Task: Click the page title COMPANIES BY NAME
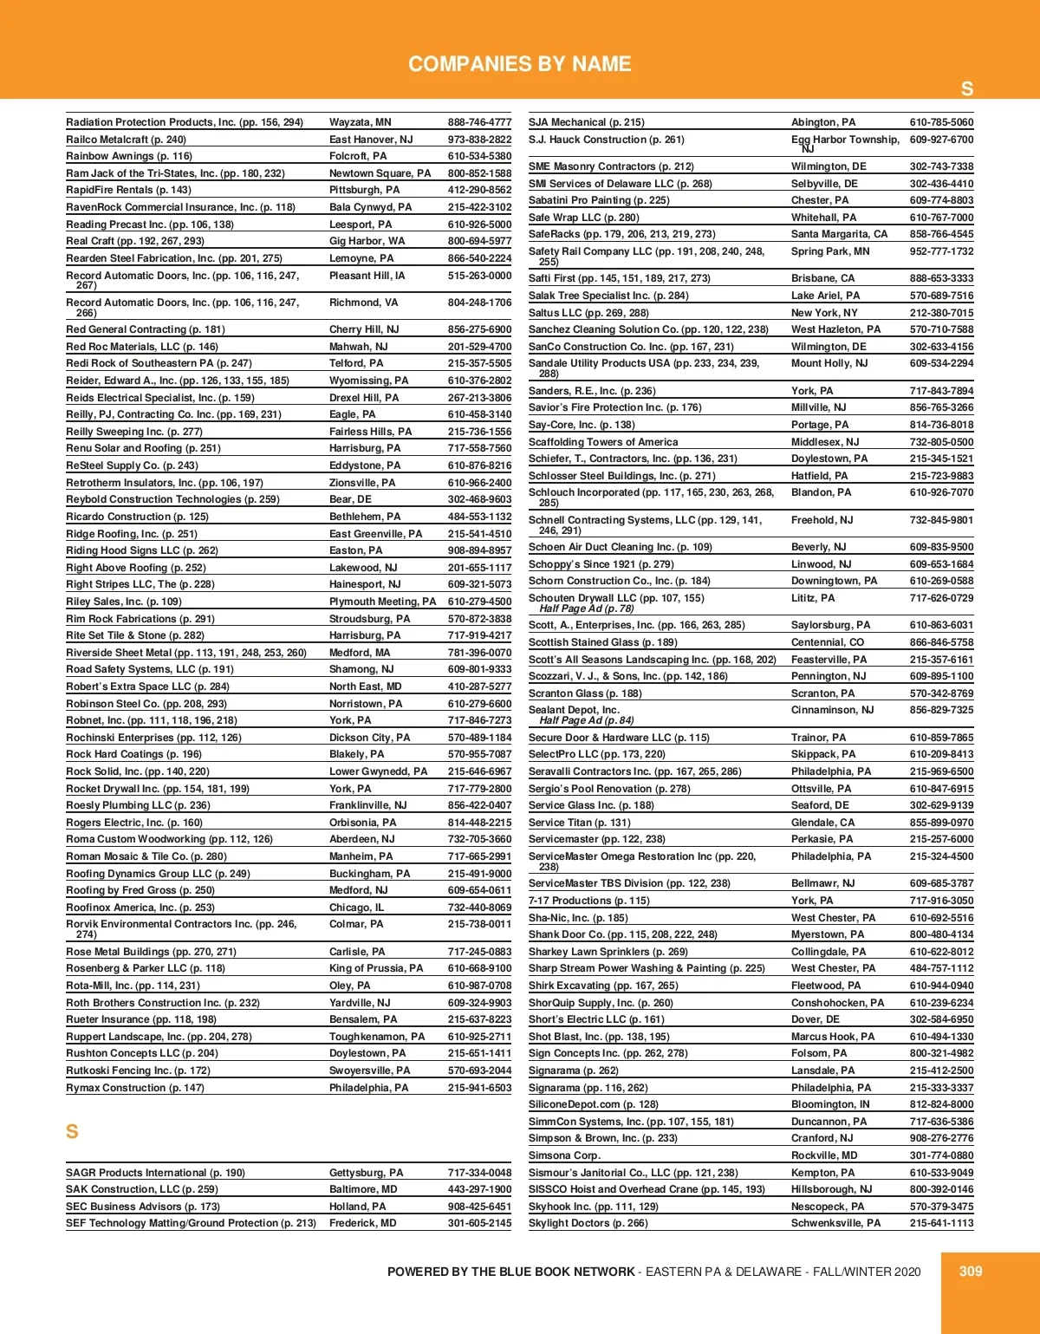coord(519,64)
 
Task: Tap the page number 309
coord(971,1271)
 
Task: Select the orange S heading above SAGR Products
coord(72,1131)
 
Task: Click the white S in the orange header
coord(967,88)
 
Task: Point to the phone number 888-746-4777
coord(479,122)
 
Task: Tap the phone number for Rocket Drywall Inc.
coord(479,789)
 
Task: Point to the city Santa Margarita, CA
coord(839,234)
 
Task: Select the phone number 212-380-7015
coord(941,313)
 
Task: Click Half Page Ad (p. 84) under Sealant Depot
coord(586,720)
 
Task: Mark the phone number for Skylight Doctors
coord(941,1223)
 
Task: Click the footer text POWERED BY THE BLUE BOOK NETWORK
coord(510,1272)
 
